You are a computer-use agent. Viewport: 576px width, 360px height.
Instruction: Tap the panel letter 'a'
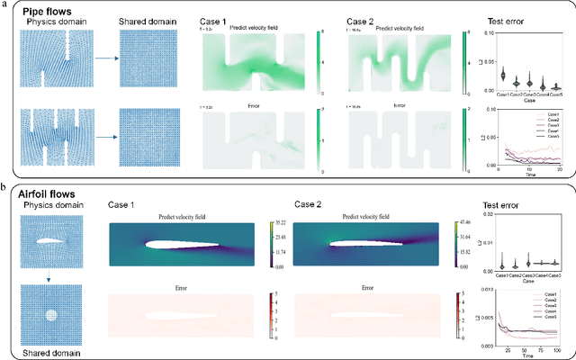click(4, 4)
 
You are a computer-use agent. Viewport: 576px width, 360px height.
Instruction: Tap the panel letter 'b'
click(4, 186)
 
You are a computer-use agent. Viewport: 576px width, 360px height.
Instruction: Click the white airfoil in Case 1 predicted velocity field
click(172, 243)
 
